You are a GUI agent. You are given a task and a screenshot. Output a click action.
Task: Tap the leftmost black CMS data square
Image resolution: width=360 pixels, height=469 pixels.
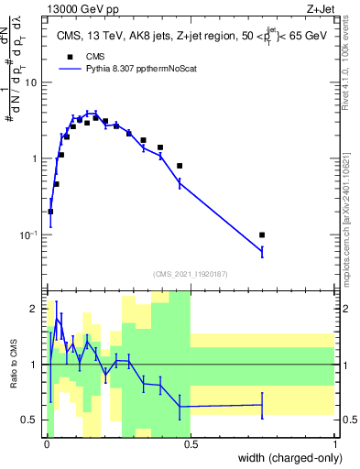(50, 212)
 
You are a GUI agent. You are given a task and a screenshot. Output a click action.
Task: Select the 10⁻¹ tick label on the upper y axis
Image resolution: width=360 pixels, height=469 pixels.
(28, 235)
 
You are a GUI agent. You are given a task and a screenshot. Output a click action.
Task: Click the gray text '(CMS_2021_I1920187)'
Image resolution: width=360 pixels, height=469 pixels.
(191, 273)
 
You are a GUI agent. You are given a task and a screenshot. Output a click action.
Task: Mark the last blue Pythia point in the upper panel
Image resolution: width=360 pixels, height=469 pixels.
(262, 250)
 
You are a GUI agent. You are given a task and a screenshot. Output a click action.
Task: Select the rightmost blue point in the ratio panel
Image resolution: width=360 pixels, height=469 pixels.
(262, 404)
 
